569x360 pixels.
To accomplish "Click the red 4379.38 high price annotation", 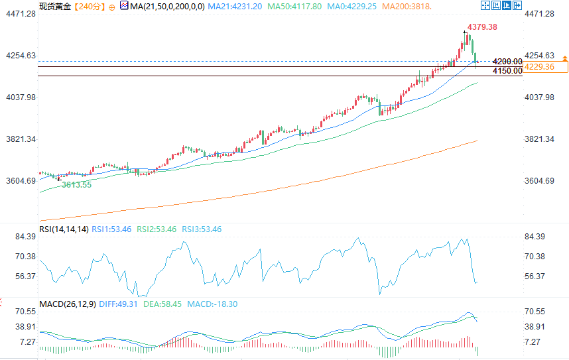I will click(482, 27).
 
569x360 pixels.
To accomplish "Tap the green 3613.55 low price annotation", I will click(77, 185).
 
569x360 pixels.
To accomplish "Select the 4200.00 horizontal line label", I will click(507, 62).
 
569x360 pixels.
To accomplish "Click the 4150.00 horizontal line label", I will click(507, 71).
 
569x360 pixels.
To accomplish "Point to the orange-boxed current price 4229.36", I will click(544, 66).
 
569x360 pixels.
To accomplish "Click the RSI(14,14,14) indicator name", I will click(63, 229).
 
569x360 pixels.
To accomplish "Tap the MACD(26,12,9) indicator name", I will click(66, 304).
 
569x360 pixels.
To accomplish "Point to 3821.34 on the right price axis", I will click(540, 139).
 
